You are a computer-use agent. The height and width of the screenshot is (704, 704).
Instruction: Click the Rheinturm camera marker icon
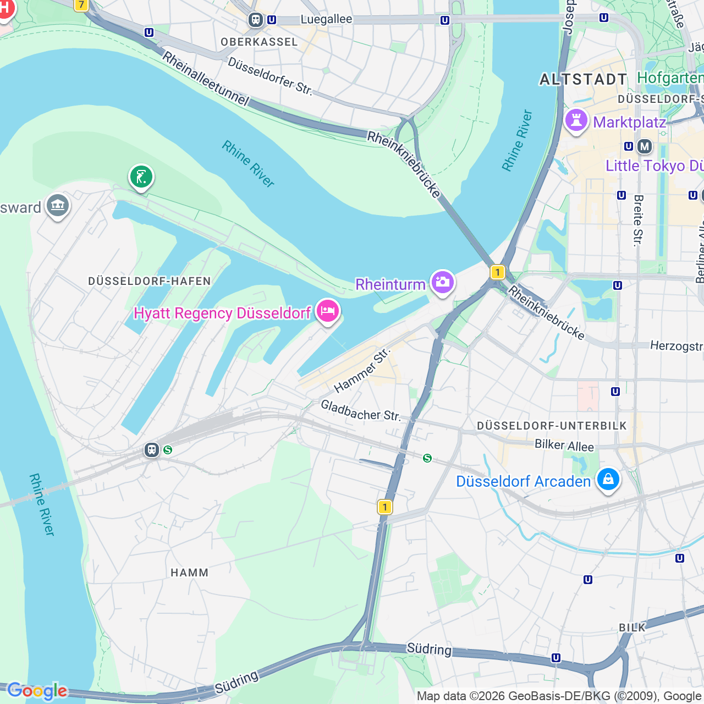(442, 283)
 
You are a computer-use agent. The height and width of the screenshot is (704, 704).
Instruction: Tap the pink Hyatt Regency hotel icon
(328, 311)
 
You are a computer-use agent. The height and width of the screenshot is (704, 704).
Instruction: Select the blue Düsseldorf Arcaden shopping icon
(608, 479)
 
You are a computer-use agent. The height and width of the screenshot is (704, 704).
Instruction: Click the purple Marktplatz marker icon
(576, 120)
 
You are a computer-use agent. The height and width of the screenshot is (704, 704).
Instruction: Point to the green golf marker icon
(141, 177)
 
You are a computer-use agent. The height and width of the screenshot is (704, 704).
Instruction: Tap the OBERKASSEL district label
(259, 42)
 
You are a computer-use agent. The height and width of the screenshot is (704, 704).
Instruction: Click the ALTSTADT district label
(583, 80)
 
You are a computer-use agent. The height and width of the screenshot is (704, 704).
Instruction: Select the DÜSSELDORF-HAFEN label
(150, 281)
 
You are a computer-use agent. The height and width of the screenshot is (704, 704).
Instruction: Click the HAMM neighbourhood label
(189, 573)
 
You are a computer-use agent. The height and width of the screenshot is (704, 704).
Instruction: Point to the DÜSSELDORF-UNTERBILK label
(552, 426)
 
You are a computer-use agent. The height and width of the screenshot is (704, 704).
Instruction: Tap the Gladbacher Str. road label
(361, 411)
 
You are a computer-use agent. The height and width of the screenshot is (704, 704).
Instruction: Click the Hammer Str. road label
(361, 370)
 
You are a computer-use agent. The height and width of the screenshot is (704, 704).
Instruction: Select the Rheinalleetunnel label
(205, 78)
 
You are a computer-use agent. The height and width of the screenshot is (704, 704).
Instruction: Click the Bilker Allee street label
(564, 446)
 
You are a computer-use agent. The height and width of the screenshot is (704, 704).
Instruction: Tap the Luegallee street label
(326, 19)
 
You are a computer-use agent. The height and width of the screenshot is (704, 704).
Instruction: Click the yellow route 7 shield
(81, 5)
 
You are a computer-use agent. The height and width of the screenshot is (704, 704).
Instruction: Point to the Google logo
(37, 691)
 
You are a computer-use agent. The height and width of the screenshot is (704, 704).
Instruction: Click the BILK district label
(632, 628)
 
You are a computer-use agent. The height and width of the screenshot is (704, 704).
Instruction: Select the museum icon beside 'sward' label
(58, 206)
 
